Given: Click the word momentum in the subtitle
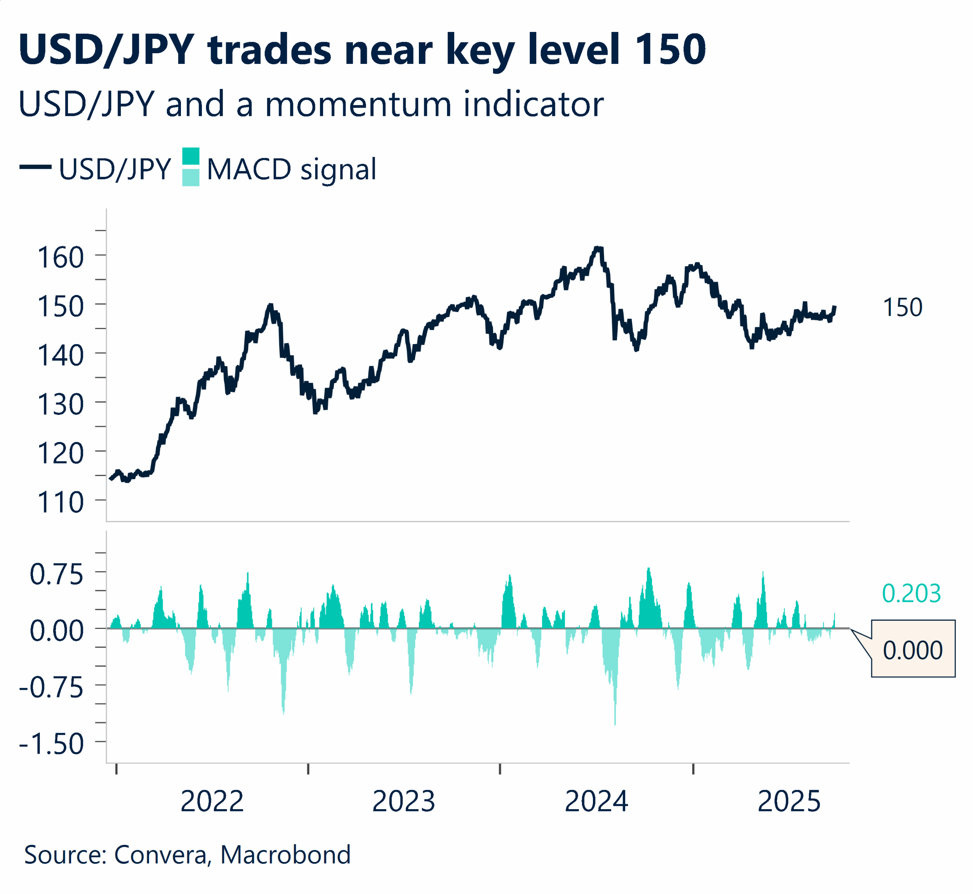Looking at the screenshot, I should (x=358, y=105).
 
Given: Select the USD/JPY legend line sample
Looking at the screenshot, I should (x=35, y=167).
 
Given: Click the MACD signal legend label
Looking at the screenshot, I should (x=291, y=169).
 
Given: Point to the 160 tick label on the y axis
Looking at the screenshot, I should (x=60, y=257).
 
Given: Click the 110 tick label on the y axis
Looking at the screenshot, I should (x=60, y=502).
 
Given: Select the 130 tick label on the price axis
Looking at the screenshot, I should (x=60, y=405).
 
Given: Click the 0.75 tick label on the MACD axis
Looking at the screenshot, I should (x=57, y=575).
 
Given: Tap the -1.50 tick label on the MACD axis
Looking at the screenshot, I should (x=51, y=744).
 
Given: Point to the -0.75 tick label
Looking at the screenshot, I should (x=51, y=688).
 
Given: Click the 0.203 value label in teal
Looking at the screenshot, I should (x=911, y=594).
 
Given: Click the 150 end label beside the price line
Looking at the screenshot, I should (x=902, y=308).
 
